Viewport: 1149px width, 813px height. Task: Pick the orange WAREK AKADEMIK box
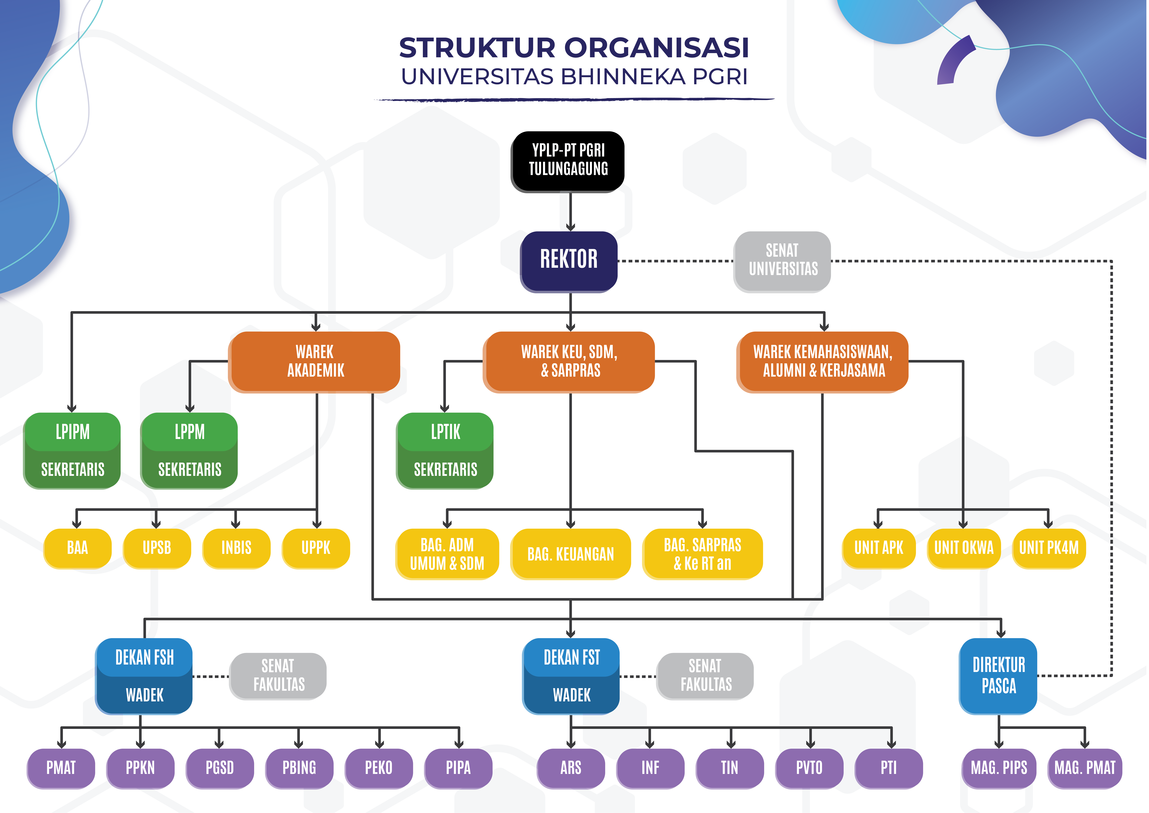click(x=315, y=361)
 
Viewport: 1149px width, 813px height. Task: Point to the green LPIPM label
click(x=73, y=432)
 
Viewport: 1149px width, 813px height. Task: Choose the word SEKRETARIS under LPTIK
click(x=445, y=470)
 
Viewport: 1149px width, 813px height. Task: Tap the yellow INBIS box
click(x=236, y=548)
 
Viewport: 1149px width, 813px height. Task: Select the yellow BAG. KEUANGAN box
click(x=571, y=554)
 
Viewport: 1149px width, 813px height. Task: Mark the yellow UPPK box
click(x=316, y=548)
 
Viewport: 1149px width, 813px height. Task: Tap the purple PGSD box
click(x=220, y=767)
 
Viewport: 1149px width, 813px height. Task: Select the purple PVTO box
click(x=809, y=767)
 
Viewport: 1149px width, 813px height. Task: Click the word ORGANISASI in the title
click(x=657, y=48)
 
